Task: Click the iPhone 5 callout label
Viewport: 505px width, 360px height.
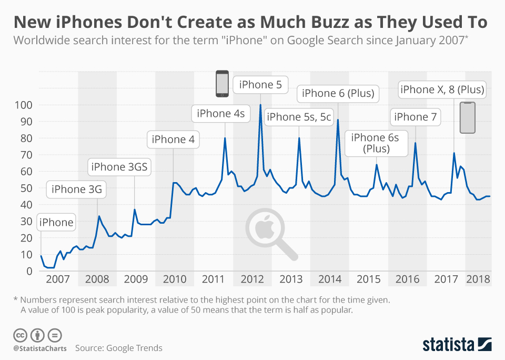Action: click(260, 84)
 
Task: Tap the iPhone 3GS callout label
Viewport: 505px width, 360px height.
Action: click(120, 167)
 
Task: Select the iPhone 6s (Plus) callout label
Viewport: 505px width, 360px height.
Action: click(375, 143)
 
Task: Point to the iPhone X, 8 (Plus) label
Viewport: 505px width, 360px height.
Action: click(442, 89)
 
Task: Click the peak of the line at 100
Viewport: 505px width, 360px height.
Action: click(260, 105)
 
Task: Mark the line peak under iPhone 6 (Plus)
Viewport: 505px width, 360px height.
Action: click(338, 121)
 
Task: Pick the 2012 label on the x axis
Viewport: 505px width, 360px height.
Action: click(252, 279)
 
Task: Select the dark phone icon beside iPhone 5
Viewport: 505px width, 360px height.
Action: click(223, 84)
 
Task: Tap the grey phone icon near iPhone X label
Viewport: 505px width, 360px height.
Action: click(467, 117)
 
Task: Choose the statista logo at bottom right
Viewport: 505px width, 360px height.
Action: click(457, 345)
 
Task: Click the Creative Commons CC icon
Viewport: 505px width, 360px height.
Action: click(20, 335)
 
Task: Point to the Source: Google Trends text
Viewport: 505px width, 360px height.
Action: click(118, 348)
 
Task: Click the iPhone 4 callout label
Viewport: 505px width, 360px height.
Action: click(173, 139)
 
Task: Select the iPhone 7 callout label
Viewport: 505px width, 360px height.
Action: click(416, 117)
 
